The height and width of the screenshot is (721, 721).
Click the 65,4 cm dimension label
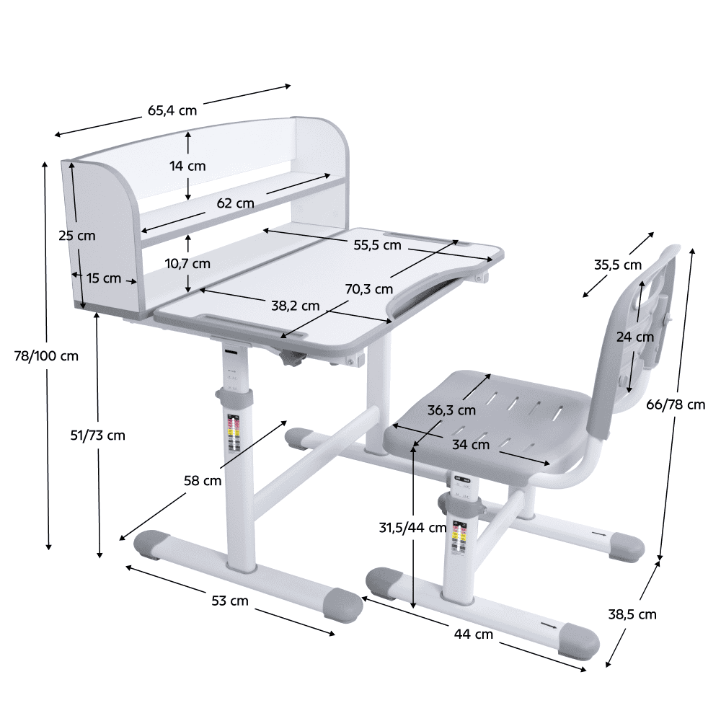pos(172,110)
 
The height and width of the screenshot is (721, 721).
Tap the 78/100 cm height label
pos(46,355)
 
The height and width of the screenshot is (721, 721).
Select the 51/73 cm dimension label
pos(98,435)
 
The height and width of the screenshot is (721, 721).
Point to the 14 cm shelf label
pos(187,166)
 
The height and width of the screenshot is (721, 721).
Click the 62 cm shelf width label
pos(236,203)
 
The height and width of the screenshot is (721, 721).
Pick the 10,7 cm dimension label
pos(187,263)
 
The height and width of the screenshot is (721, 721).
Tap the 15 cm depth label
pos(104,278)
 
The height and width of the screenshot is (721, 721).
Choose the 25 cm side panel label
pos(77,236)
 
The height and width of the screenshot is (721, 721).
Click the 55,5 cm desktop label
pos(378,245)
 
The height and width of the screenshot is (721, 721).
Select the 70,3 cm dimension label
pos(369,289)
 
